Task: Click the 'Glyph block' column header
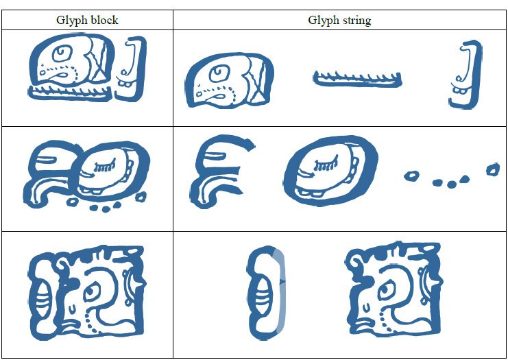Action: [86, 20]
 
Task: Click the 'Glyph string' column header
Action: [339, 20]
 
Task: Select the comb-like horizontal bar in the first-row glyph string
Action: [357, 80]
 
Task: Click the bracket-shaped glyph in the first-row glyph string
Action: [465, 75]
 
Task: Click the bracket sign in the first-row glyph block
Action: [132, 68]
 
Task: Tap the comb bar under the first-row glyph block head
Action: [69, 93]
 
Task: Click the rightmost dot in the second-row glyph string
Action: [492, 169]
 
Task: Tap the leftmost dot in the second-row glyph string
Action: [411, 176]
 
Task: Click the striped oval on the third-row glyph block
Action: [40, 296]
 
